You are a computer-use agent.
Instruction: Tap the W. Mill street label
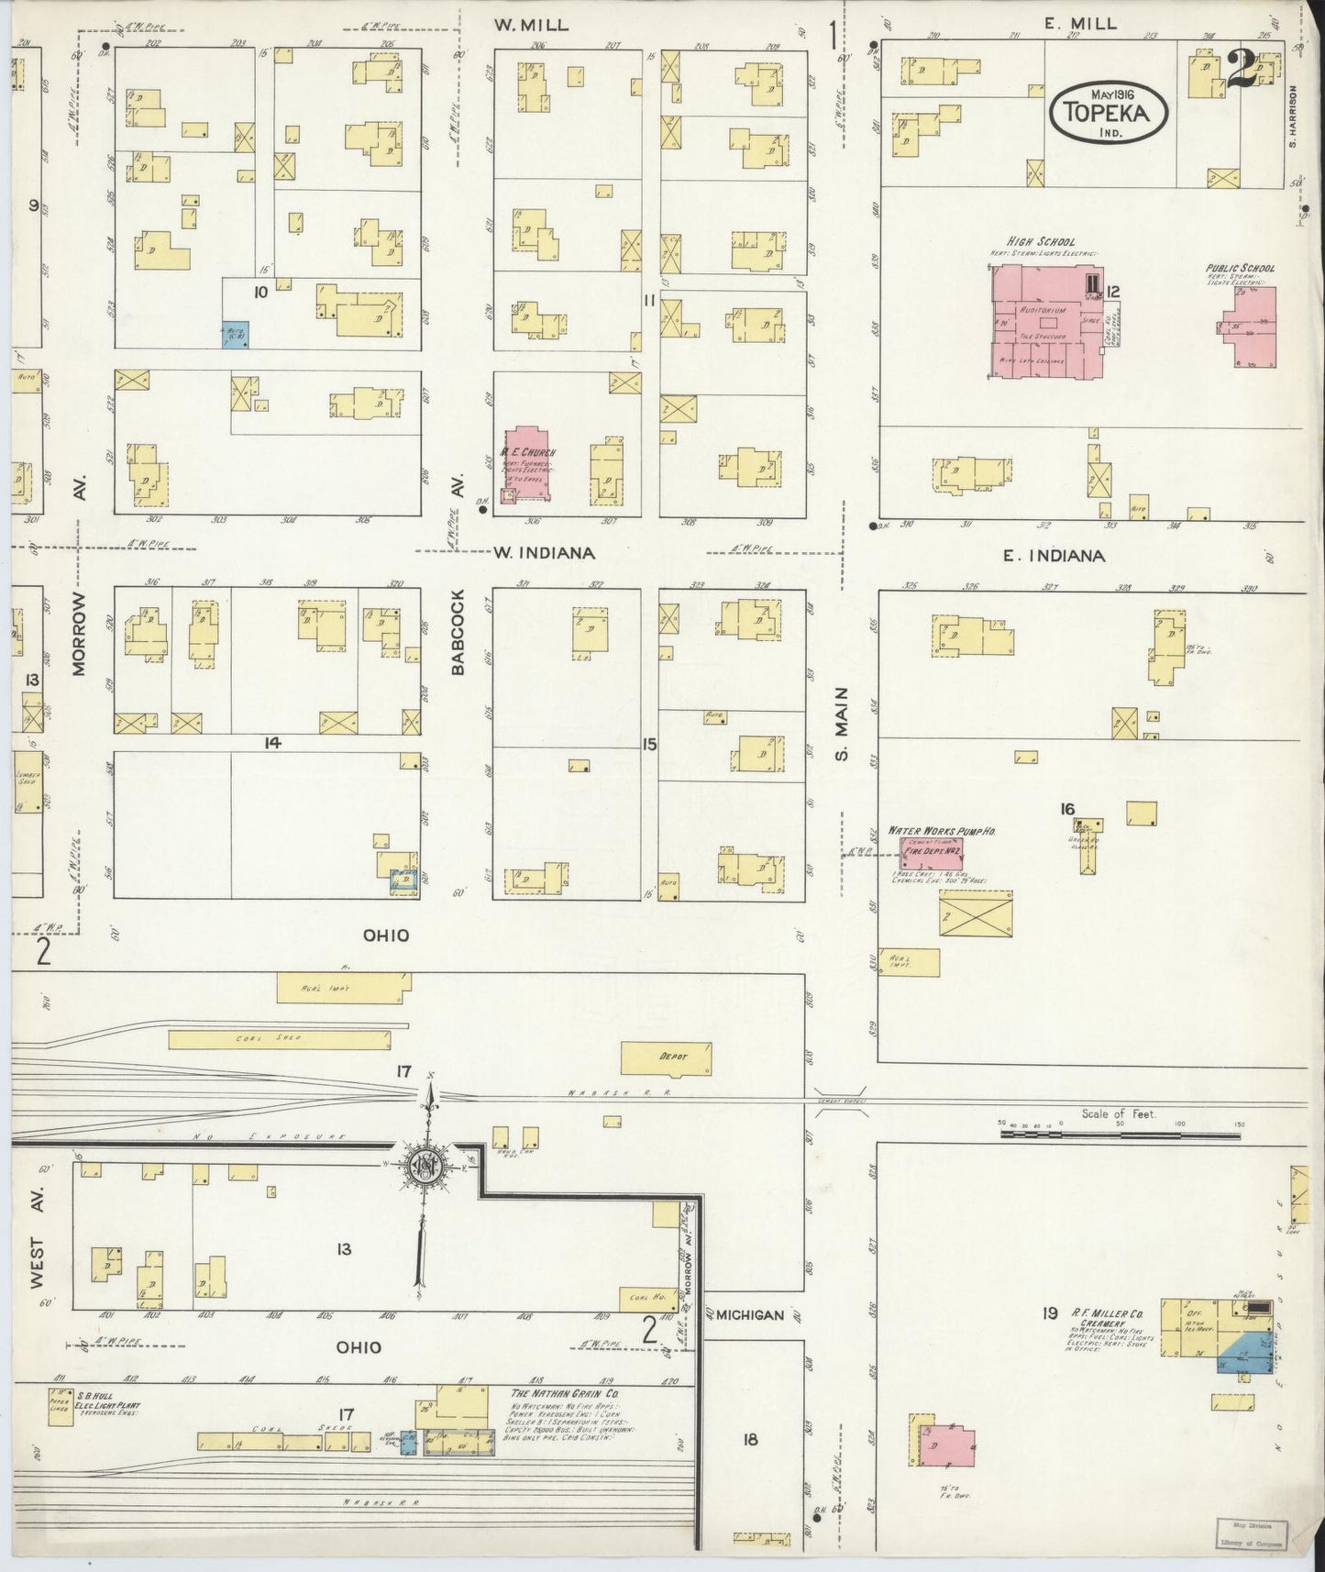(531, 26)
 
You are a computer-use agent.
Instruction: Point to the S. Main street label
(843, 724)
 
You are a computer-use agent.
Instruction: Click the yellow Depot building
(667, 1057)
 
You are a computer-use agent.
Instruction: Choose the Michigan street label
(749, 1315)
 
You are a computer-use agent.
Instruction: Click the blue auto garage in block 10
(236, 334)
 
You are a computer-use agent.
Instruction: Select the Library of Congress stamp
(1252, 1533)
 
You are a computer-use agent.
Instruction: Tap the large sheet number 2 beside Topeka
(1242, 70)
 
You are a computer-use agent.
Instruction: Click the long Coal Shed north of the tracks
(279, 1039)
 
